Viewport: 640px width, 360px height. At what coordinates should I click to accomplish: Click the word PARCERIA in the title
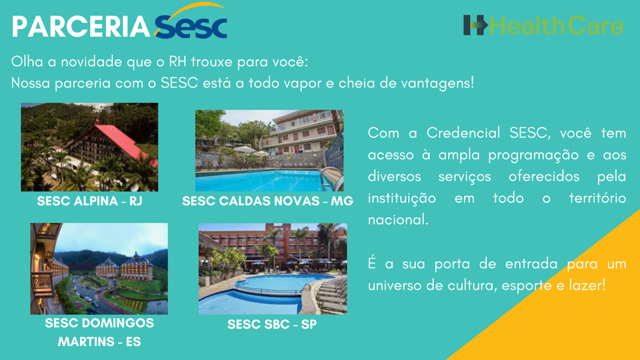(x=81, y=27)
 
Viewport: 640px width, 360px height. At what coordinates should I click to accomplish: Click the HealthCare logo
(x=543, y=26)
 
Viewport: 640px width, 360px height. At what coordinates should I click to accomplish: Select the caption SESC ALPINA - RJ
(x=89, y=201)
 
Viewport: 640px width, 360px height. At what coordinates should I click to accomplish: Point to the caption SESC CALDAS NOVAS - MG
(x=267, y=201)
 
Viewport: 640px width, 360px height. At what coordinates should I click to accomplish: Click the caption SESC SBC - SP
(x=272, y=324)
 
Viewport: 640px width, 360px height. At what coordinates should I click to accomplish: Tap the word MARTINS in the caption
(x=86, y=342)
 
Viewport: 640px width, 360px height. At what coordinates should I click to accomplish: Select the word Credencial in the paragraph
(x=463, y=133)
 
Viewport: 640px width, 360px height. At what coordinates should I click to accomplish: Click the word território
(x=597, y=198)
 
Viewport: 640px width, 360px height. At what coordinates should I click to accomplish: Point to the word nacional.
(x=398, y=220)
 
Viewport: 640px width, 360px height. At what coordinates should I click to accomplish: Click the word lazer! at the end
(x=587, y=285)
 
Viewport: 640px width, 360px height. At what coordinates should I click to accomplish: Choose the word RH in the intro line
(x=177, y=62)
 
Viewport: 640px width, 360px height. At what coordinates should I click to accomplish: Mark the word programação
(x=533, y=155)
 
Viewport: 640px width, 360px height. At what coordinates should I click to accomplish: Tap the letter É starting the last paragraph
(x=372, y=263)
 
